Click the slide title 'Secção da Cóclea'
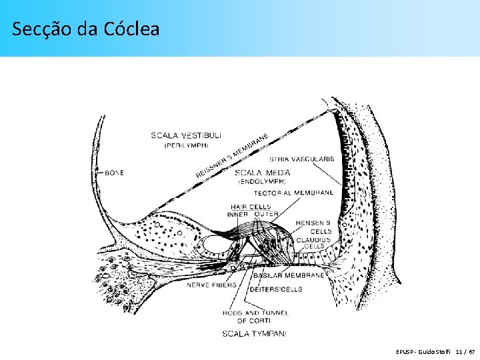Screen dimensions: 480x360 tap(86, 29)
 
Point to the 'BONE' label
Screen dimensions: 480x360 tap(114, 173)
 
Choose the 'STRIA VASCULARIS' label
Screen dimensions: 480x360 tap(301, 159)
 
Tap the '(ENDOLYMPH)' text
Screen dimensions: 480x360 tap(262, 181)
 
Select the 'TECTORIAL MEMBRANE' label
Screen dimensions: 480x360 tap(293, 193)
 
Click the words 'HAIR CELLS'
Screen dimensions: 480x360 tap(251, 207)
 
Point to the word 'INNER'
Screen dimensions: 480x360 tap(238, 214)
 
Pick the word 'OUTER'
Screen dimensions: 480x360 tap(266, 214)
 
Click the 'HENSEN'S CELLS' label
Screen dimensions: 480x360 tap(313, 227)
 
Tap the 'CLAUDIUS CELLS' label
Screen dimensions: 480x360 tap(313, 243)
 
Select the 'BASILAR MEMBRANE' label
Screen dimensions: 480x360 tap(289, 275)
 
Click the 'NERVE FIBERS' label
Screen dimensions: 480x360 tap(211, 285)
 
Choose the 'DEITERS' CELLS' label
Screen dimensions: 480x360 tap(275, 289)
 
